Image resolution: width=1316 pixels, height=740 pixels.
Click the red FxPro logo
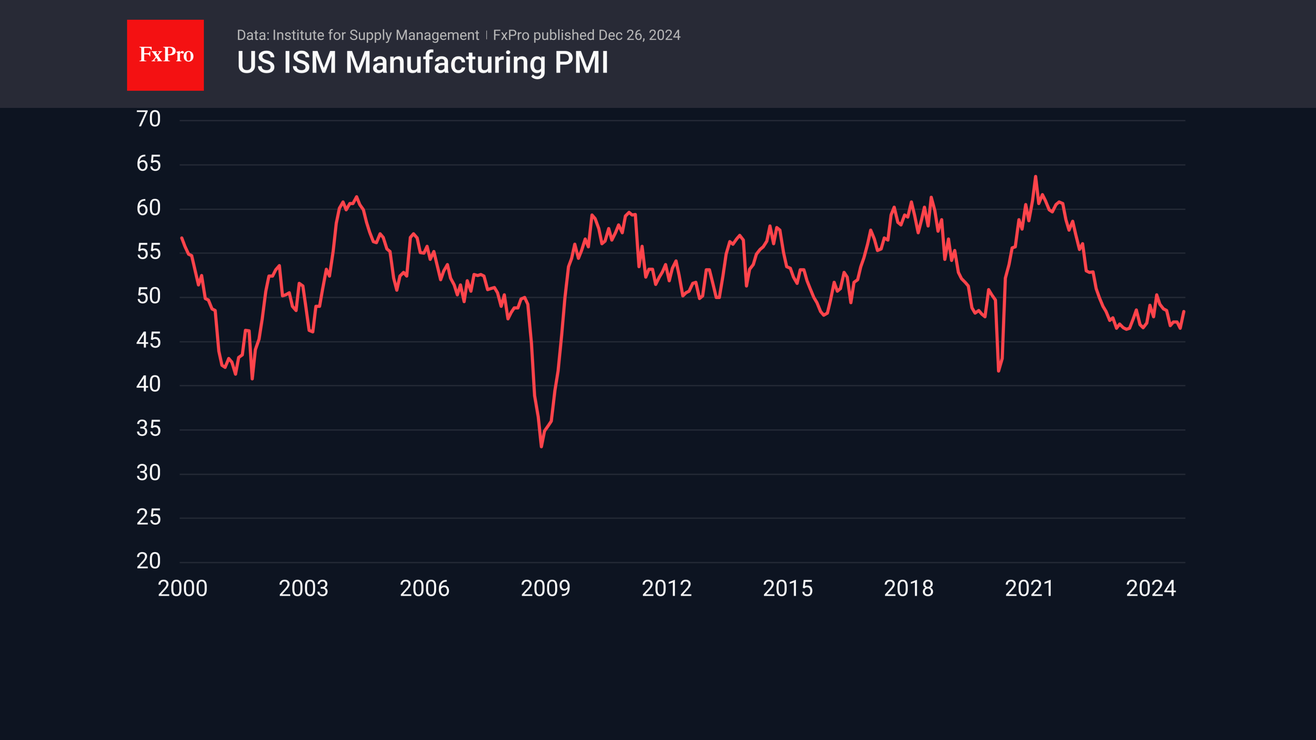point(165,55)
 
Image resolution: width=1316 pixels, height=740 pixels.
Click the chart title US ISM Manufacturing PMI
point(423,62)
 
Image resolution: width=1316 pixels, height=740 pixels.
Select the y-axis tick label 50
point(149,296)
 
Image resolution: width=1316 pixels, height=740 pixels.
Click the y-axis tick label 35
point(149,429)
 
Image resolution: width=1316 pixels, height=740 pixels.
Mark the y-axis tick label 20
point(149,561)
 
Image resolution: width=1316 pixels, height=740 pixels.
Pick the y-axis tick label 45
point(149,340)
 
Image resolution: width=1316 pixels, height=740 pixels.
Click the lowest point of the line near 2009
point(541,447)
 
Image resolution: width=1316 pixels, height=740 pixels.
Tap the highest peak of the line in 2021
point(1036,177)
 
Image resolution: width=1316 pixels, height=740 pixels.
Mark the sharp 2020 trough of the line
point(999,371)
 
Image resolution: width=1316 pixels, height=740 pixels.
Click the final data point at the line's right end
point(1184,311)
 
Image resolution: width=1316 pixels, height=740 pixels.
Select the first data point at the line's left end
point(182,238)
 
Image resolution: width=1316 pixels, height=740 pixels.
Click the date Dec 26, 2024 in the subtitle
point(639,35)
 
